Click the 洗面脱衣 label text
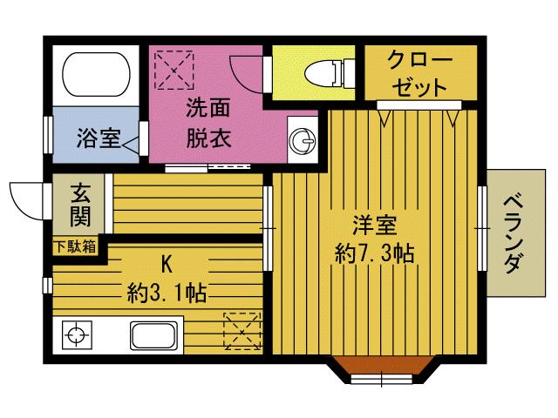208,124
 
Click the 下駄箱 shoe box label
76,246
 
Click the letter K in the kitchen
165,261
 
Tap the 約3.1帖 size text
165,291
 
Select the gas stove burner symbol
77,334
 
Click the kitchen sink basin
153,335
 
